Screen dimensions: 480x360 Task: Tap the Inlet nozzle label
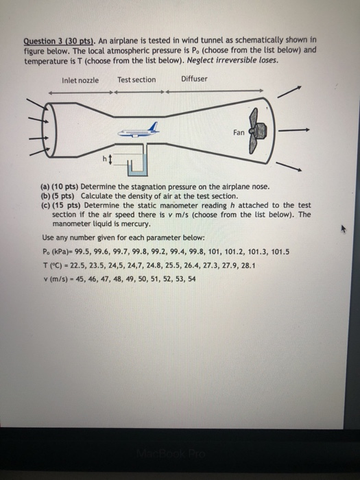point(80,80)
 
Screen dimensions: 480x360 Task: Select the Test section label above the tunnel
point(136,80)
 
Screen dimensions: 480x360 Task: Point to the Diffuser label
point(194,80)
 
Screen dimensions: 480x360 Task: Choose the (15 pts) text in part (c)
point(69,205)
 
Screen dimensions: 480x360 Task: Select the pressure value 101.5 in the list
point(280,252)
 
